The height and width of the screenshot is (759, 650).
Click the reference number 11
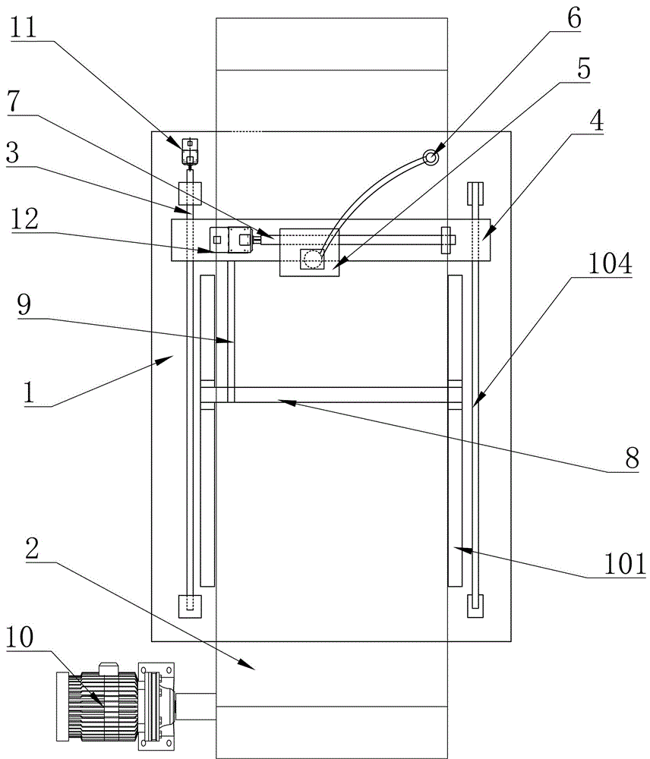coord(24,27)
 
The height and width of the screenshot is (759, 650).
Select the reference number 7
coord(14,101)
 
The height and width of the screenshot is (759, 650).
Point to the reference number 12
coord(25,219)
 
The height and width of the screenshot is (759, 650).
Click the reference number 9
coord(24,304)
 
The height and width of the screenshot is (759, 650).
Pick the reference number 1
coord(29,392)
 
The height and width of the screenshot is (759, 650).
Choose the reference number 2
coord(32,549)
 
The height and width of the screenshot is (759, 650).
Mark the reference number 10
coord(20,637)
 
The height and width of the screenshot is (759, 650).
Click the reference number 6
coord(574,18)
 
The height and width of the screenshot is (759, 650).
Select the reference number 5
coord(584,69)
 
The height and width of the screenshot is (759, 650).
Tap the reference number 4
coord(597,120)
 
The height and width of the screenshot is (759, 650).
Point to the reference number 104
coord(611,263)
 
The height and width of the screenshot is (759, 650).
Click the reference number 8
coord(632,458)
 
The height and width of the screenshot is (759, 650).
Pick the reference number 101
coord(625,563)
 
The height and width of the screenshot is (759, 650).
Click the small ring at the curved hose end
coord(431,157)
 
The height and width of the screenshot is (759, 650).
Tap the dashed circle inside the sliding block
coord(313,260)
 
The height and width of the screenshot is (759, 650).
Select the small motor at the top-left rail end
coord(190,152)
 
